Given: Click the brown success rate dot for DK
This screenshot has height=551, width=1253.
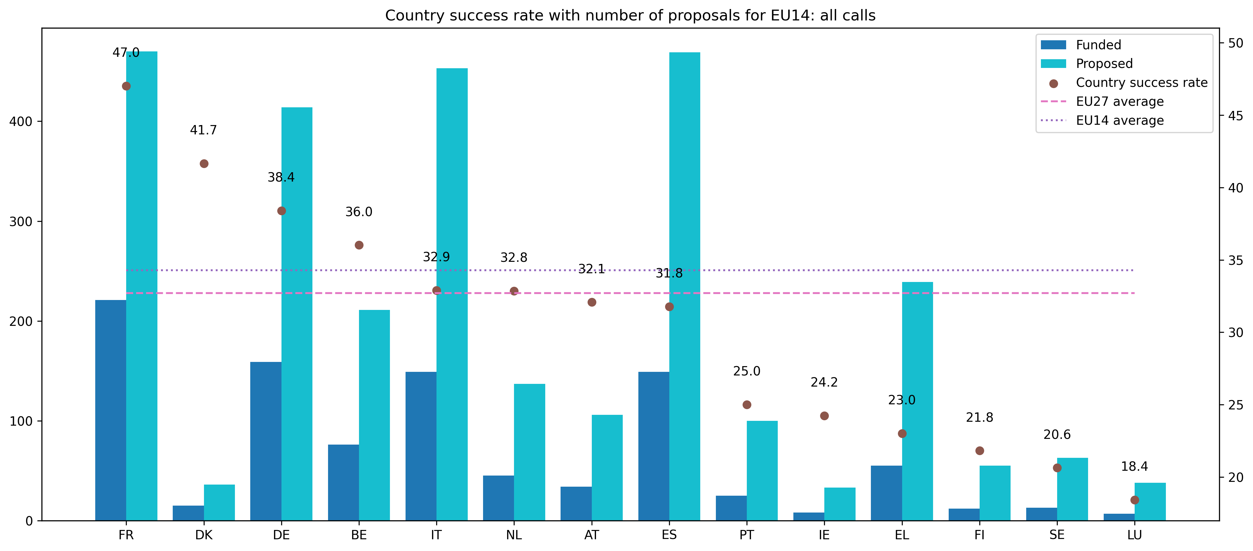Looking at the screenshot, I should point(204,164).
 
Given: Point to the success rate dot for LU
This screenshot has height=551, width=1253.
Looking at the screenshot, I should point(1134,500).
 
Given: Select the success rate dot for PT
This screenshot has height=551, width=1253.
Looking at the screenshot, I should point(747,405).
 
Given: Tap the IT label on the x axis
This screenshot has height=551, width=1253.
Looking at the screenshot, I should point(436,535).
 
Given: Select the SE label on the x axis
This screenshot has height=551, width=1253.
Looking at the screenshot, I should point(1057,535).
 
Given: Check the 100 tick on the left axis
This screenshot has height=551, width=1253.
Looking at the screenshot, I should point(20,421).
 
